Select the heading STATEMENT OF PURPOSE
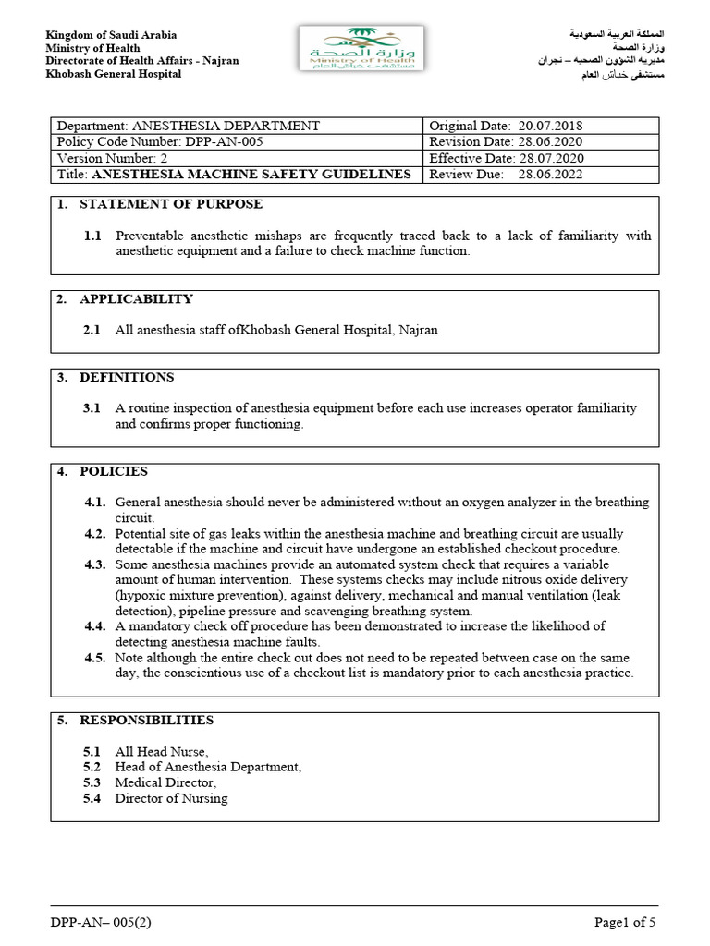click(x=171, y=204)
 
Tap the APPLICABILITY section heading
click(x=136, y=298)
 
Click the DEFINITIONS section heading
click(x=127, y=377)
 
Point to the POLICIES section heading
click(x=114, y=471)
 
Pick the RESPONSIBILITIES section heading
click(x=146, y=720)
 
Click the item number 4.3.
click(x=96, y=564)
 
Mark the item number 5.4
click(x=92, y=798)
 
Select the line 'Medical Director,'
click(x=165, y=782)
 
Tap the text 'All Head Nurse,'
click(x=161, y=751)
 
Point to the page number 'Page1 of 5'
click(x=625, y=922)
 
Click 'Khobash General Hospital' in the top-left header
click(x=114, y=74)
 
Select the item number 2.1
click(x=92, y=330)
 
